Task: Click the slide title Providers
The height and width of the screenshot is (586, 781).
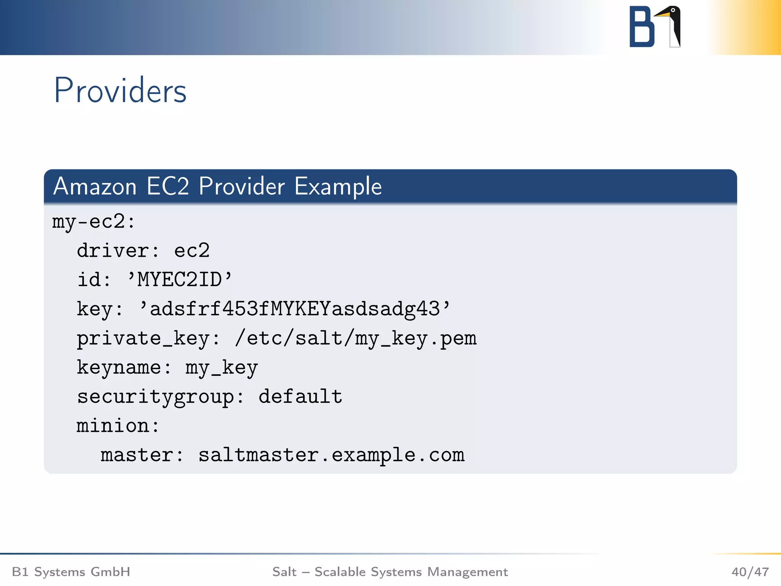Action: point(120,90)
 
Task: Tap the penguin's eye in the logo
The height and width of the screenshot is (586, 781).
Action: point(673,10)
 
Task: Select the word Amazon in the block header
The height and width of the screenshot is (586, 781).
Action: point(95,187)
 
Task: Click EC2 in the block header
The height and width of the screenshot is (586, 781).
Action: point(168,187)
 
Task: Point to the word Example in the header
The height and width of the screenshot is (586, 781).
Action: point(338,187)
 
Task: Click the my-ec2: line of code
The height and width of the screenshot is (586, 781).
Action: point(93,222)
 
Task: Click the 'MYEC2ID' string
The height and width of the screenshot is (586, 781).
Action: point(180,280)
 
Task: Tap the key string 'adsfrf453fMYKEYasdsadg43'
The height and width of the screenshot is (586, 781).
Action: point(295,309)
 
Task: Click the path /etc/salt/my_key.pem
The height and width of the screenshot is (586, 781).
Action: point(356,338)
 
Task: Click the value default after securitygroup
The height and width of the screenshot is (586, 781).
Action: point(300,397)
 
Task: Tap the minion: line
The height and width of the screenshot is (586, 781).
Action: point(118,426)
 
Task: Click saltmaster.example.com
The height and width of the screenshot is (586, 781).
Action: point(331,455)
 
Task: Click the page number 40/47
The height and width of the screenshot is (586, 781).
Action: point(750,572)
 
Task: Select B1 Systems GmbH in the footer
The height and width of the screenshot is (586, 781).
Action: point(71,572)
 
